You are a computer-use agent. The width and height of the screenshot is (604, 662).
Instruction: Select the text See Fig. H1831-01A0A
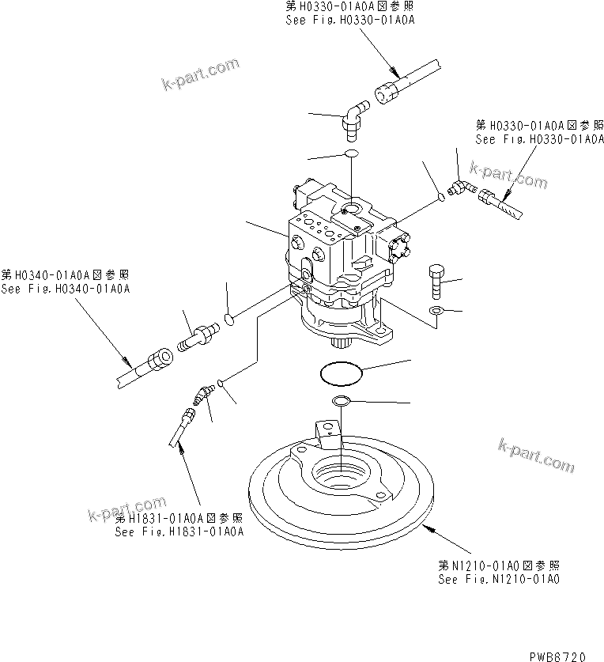(179, 531)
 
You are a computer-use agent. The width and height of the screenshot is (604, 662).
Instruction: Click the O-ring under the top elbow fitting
(351, 154)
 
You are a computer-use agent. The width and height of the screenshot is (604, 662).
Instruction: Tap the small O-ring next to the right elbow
(442, 197)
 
